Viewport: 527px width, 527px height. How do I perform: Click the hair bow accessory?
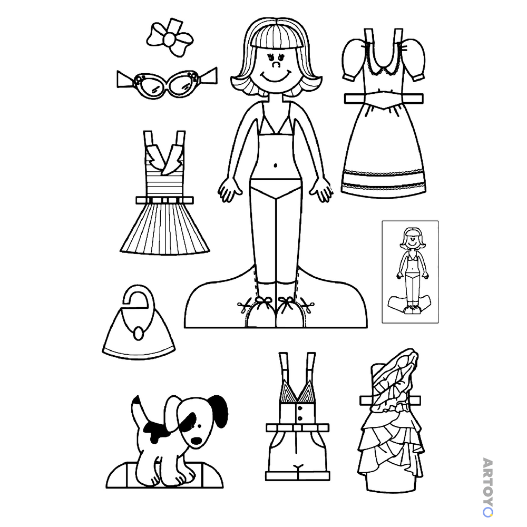[170, 37]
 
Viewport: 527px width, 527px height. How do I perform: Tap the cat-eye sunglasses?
[167, 82]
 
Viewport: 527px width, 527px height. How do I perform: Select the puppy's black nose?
[196, 440]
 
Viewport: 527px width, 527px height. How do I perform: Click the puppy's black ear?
[219, 411]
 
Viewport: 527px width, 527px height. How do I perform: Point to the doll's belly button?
[276, 165]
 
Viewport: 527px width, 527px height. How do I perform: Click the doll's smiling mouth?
[276, 76]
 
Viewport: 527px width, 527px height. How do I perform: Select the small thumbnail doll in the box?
[410, 271]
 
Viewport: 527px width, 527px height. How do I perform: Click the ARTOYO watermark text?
[487, 487]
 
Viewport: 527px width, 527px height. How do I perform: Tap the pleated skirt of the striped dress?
[164, 229]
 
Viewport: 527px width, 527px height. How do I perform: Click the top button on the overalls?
[300, 408]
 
